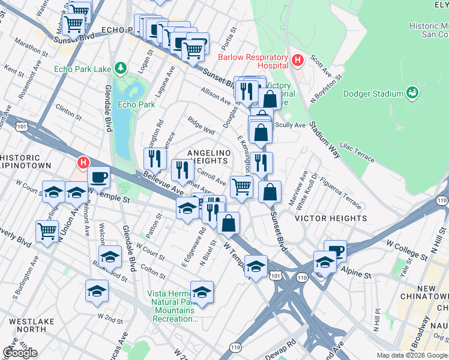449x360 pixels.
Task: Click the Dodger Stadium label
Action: tap(373, 94)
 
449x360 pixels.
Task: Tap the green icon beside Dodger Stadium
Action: tap(412, 93)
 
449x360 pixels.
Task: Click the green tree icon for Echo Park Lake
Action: tap(121, 69)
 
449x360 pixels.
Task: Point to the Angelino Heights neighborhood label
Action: tap(209, 157)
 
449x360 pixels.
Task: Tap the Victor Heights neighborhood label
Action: tap(331, 219)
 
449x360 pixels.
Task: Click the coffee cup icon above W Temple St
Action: tap(99, 177)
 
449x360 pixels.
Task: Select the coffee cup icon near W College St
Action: tap(335, 251)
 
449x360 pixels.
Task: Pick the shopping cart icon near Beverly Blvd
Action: tap(47, 231)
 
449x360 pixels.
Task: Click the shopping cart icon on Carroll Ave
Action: tap(241, 187)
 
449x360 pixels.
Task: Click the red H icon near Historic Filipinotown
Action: tap(83, 163)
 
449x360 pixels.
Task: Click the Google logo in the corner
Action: tap(19, 353)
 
